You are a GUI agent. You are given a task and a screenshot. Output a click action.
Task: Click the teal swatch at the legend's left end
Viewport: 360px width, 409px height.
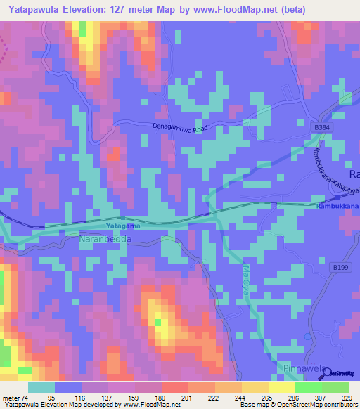point(41,387)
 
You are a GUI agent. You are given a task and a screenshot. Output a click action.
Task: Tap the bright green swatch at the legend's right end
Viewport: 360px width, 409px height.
point(335,387)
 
